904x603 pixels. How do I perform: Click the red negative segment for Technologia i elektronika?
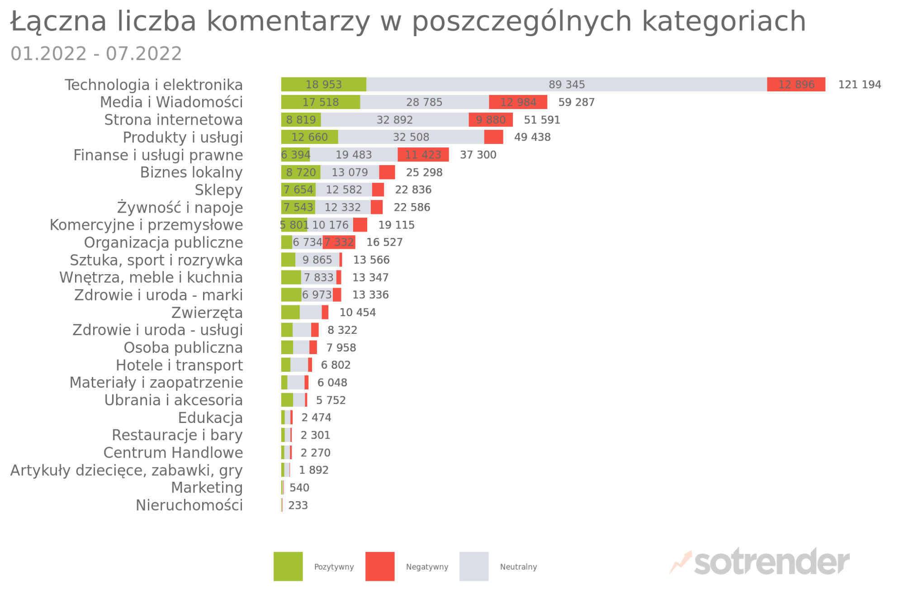(796, 85)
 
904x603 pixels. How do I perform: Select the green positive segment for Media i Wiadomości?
(320, 102)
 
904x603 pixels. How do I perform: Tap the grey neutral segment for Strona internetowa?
(394, 120)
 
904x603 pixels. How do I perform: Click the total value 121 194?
(859, 85)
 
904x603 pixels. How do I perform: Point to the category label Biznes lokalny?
(191, 172)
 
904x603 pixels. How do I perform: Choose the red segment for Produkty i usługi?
(493, 137)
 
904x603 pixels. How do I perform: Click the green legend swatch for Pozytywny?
(288, 566)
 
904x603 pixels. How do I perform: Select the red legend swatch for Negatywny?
(380, 566)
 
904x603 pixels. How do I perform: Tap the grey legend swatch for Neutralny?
(474, 566)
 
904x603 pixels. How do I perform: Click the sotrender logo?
(760, 562)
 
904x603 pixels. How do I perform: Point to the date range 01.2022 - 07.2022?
(96, 54)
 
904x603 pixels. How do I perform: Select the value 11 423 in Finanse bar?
(423, 155)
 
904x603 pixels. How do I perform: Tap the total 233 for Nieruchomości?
(298, 505)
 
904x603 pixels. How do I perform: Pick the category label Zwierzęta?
(207, 313)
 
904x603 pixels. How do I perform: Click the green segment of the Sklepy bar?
(298, 190)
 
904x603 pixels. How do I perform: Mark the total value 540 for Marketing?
(299, 488)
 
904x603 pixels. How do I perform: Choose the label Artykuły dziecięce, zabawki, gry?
(126, 470)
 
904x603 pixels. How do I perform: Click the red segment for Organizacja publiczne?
(339, 242)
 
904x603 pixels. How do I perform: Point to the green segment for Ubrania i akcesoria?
(287, 400)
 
